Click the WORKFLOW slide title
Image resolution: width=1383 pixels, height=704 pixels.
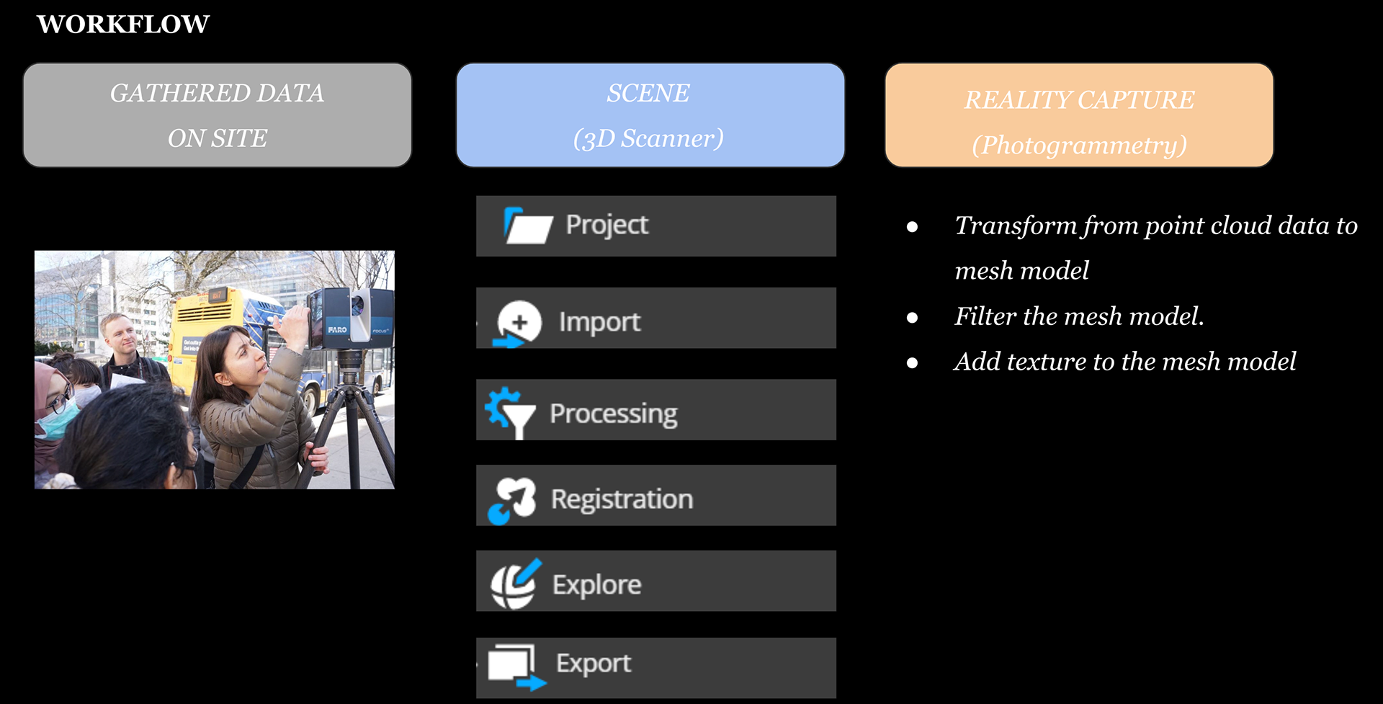[123, 24]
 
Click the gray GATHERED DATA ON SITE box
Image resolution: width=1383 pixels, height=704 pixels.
[217, 115]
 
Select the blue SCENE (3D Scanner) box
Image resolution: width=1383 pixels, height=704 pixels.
[650, 115]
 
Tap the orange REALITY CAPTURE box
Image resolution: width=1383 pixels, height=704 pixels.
[1079, 115]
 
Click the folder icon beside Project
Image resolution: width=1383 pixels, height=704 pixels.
[528, 226]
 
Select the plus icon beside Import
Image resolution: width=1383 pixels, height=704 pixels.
[519, 323]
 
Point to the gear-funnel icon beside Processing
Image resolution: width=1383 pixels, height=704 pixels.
[510, 412]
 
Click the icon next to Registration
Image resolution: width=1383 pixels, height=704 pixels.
[512, 500]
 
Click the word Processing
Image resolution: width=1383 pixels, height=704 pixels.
[614, 414]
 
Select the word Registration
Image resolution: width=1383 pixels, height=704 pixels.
[622, 499]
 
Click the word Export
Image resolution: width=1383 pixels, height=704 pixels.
[594, 663]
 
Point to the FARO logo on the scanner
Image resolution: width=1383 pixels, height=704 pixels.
[337, 329]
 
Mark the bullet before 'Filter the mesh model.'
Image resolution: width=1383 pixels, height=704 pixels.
[912, 318]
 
